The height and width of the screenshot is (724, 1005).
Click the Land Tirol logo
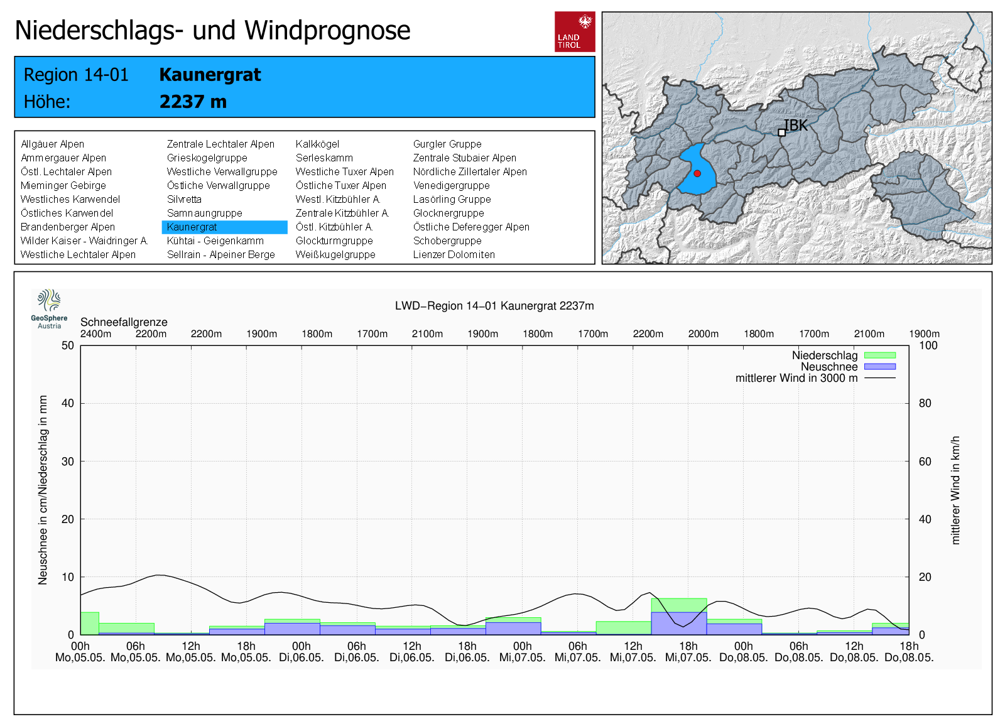tap(575, 31)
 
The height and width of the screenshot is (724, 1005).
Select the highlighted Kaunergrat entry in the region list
tap(192, 227)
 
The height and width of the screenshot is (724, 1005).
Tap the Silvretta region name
tap(184, 200)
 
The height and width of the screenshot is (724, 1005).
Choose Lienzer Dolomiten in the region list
tap(454, 255)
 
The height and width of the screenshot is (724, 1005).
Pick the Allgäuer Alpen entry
tap(52, 144)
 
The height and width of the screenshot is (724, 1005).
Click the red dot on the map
tap(697, 173)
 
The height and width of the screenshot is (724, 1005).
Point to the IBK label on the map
tap(795, 126)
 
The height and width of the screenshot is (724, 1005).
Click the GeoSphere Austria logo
tap(49, 308)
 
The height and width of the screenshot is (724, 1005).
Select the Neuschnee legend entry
tap(829, 367)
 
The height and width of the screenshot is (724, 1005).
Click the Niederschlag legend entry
tap(825, 355)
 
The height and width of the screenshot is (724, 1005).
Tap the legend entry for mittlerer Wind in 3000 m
tap(796, 378)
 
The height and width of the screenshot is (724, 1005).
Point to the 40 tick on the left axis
tap(67, 403)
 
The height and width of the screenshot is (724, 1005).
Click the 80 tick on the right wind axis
tap(925, 403)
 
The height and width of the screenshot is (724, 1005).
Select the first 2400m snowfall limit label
tap(95, 334)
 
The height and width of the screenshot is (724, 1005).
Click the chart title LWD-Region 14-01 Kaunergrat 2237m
tap(494, 306)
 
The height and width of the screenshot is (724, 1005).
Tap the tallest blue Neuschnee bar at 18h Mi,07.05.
tap(679, 623)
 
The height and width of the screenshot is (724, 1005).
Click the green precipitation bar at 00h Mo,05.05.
tap(89, 623)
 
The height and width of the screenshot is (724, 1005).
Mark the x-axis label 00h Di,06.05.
tap(301, 652)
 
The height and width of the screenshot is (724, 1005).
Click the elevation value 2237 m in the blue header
tap(193, 102)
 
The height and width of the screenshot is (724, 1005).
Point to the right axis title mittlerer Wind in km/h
tap(955, 490)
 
